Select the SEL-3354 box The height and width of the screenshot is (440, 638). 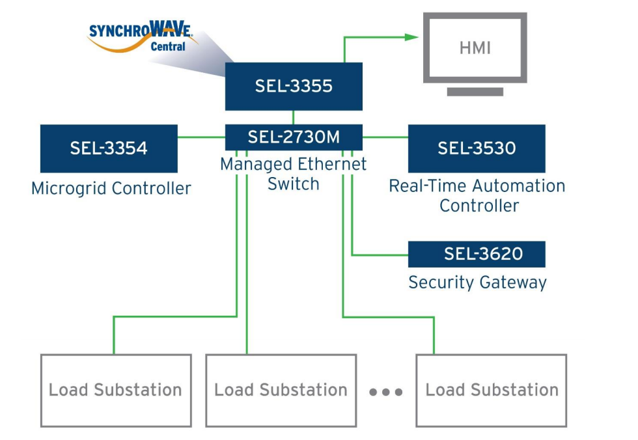coord(109,148)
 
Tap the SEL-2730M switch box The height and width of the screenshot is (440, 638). coord(294,137)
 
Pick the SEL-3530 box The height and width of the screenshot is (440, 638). coord(477,148)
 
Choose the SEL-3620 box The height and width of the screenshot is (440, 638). coord(477,254)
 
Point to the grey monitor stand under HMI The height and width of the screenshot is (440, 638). coord(475,92)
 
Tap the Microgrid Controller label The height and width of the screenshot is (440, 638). coord(111,189)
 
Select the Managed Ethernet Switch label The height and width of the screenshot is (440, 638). coord(294,174)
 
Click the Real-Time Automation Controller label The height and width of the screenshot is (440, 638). coord(477,195)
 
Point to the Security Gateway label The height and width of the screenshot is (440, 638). coord(477,282)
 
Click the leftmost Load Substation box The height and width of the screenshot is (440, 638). coord(116,391)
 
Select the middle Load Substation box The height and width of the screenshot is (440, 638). coord(281,391)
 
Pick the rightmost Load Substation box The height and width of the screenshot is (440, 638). coord(492,391)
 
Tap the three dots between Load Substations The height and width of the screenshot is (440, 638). coord(386,392)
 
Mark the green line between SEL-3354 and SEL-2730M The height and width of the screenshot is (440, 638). coord(201,137)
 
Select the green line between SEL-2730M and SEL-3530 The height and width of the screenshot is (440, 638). coord(385,137)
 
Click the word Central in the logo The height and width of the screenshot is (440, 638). coord(167,47)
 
